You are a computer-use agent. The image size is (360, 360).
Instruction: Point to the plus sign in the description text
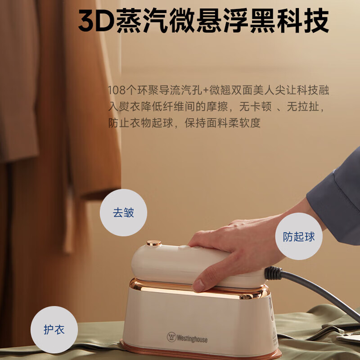coord(206,90)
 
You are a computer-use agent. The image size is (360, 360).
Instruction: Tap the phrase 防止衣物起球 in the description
coord(141,123)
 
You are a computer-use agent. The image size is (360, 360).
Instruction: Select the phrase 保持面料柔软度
coord(223,123)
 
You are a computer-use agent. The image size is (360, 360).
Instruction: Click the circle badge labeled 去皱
coord(123,212)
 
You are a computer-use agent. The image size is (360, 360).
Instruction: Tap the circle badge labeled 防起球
coord(299,236)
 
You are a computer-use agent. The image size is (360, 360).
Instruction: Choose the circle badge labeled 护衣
coord(54,329)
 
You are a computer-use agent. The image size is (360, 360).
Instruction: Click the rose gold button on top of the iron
coord(153,243)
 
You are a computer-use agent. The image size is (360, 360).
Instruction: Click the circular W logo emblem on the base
coord(171,337)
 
